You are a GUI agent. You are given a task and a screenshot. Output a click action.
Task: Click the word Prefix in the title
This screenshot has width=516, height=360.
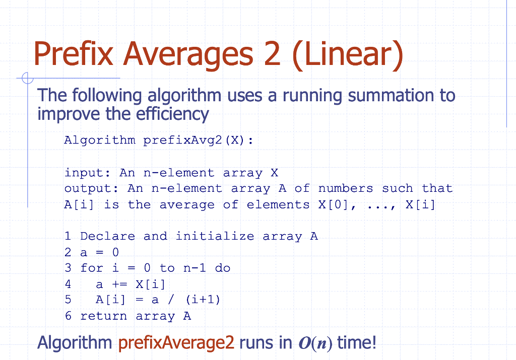(x=74, y=54)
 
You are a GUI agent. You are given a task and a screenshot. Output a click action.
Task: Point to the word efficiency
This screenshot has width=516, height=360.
(x=172, y=114)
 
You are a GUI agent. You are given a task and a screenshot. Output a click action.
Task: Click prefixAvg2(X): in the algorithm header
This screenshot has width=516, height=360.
(x=198, y=140)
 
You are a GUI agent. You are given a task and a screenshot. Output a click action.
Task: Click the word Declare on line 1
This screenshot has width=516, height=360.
(x=107, y=236)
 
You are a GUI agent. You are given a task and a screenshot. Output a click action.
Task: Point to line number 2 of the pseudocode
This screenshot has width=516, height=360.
(x=68, y=252)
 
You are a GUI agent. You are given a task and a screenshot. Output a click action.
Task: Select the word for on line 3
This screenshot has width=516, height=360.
(x=92, y=268)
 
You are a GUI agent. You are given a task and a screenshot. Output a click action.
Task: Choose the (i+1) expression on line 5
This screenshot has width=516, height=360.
(x=203, y=300)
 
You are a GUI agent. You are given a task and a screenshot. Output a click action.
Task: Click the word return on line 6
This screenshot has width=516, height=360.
(x=103, y=316)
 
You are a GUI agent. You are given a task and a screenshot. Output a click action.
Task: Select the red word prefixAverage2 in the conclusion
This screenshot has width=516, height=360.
(x=176, y=343)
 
